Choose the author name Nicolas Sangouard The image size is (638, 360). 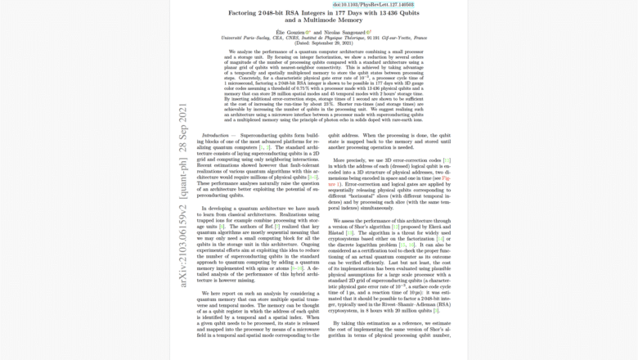(x=343, y=32)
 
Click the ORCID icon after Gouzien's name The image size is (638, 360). (x=308, y=32)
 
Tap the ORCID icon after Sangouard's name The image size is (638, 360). (x=369, y=32)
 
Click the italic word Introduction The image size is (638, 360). (x=216, y=135)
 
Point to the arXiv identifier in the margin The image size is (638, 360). (x=183, y=245)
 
